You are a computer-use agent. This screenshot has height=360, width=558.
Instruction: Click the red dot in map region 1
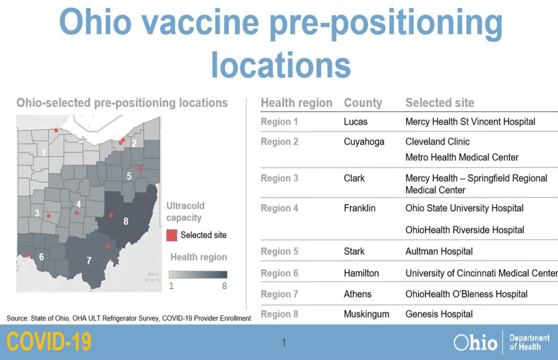pyautogui.click(x=56, y=131)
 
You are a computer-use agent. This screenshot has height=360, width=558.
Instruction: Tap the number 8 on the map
pyautogui.click(x=126, y=221)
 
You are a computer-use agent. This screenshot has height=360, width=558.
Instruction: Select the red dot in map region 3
pyautogui.click(x=48, y=216)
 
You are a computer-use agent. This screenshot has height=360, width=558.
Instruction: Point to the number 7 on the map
pyautogui.click(x=89, y=261)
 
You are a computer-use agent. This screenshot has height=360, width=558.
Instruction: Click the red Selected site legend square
pyautogui.click(x=172, y=235)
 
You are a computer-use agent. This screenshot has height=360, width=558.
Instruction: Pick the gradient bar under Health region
pyautogui.click(x=198, y=274)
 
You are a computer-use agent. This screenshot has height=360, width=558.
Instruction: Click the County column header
pyautogui.click(x=363, y=103)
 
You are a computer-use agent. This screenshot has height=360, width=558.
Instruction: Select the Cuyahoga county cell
pyautogui.click(x=364, y=142)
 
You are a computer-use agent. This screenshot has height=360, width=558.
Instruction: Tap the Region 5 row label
pyautogui.click(x=280, y=252)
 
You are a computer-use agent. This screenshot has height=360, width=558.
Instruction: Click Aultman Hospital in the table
pyautogui.click(x=439, y=252)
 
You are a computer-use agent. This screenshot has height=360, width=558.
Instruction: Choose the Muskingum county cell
pyautogui.click(x=367, y=314)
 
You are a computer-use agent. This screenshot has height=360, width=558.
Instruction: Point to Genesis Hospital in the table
pyautogui.click(x=439, y=314)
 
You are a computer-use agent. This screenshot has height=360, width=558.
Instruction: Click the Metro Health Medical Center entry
pyautogui.click(x=462, y=157)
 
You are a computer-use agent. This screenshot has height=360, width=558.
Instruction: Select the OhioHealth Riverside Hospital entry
pyautogui.click(x=465, y=230)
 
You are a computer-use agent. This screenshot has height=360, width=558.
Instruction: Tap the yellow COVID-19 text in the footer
pyautogui.click(x=49, y=341)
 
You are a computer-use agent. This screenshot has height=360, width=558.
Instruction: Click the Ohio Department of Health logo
pyautogui.click(x=502, y=342)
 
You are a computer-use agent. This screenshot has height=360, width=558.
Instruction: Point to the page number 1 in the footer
pyautogui.click(x=283, y=343)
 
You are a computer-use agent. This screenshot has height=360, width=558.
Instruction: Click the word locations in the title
pyautogui.click(x=281, y=65)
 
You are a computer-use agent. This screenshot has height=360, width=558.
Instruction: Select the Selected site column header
pyautogui.click(x=440, y=103)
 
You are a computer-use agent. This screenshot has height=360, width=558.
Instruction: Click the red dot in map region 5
pyautogui.click(x=140, y=169)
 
